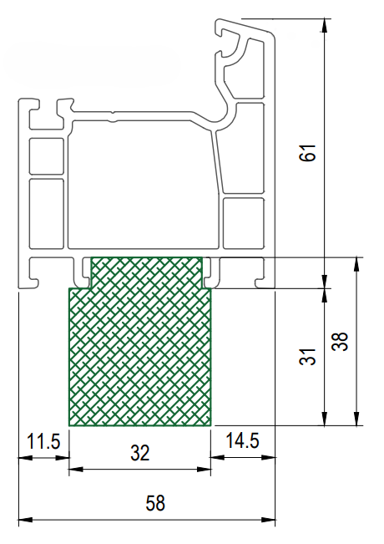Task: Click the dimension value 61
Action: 308,153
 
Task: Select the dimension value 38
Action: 340,342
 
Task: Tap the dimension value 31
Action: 308,356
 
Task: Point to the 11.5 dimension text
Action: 43,441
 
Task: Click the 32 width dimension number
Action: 140,453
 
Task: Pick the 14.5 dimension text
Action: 242,440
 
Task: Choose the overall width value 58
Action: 155,503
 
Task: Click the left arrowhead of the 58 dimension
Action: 25,520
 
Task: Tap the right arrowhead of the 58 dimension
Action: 269,520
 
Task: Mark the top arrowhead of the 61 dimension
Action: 324,25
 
